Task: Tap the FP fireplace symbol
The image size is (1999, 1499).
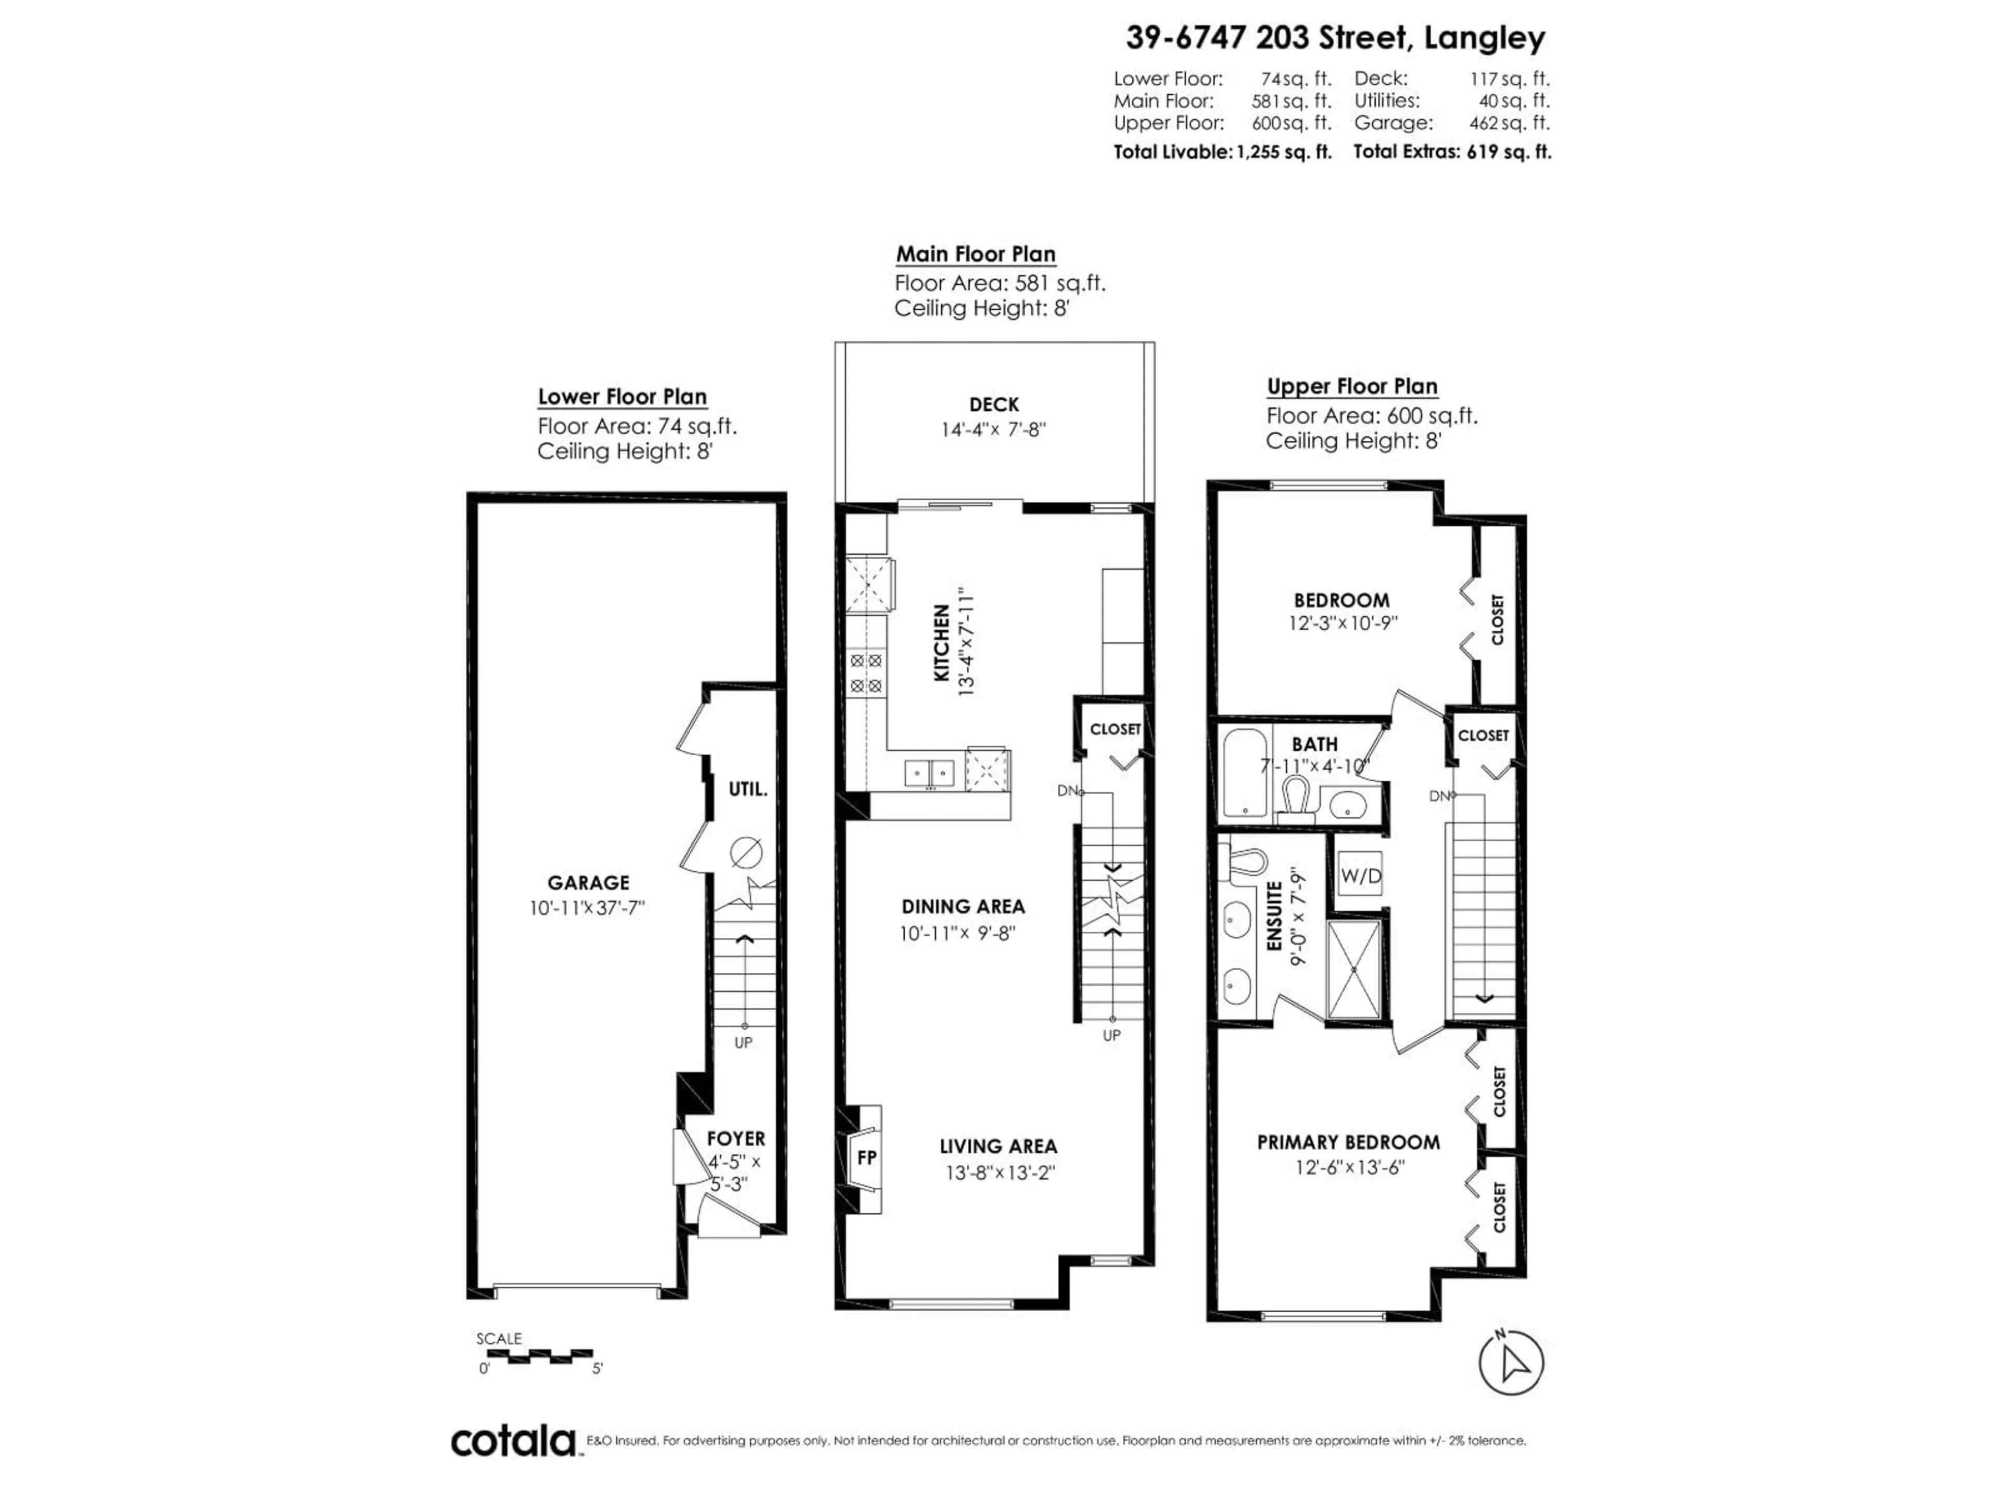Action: tap(866, 1158)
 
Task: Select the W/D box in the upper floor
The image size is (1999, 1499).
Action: tap(1360, 875)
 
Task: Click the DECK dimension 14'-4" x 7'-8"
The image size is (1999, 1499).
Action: tap(993, 429)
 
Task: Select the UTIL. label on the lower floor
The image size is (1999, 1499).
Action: tap(748, 789)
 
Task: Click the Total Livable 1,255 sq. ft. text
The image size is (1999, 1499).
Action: tap(1222, 152)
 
